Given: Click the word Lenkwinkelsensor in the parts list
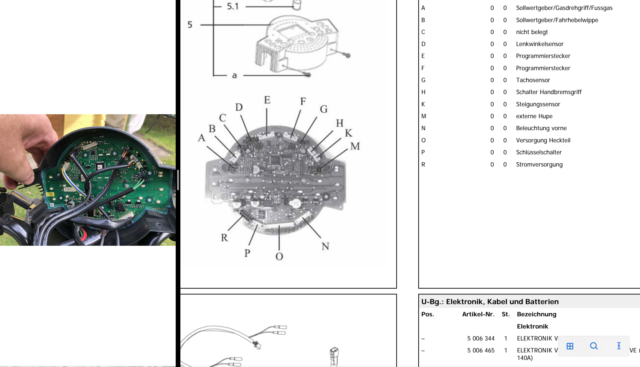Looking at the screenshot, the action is coord(540,44).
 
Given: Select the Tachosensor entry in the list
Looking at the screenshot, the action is coord(533,80).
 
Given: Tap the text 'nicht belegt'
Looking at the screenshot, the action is coord(532,32).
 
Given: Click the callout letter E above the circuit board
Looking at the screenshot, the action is coord(267,100).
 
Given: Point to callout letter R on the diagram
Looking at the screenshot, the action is coord(224,237).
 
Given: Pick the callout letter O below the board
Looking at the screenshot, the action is coord(279,256).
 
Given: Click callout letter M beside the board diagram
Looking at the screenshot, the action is coord(355,146).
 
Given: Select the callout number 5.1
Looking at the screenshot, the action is coord(233,6).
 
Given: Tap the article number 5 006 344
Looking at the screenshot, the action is coord(480,338).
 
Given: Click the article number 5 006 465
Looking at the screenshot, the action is coord(480,350).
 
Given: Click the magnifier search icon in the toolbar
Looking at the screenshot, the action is coord(594,346).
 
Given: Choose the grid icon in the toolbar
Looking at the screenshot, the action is coord(570,346).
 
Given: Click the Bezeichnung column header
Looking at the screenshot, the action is coord(536,314).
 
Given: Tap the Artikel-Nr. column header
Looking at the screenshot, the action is coord(478,314).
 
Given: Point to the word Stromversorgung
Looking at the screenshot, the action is coord(539,164).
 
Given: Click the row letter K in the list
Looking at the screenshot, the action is coord(423,104).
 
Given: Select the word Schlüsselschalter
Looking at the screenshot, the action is coord(539,152).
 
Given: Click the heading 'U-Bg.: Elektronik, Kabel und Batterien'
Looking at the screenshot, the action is coord(490,301).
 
